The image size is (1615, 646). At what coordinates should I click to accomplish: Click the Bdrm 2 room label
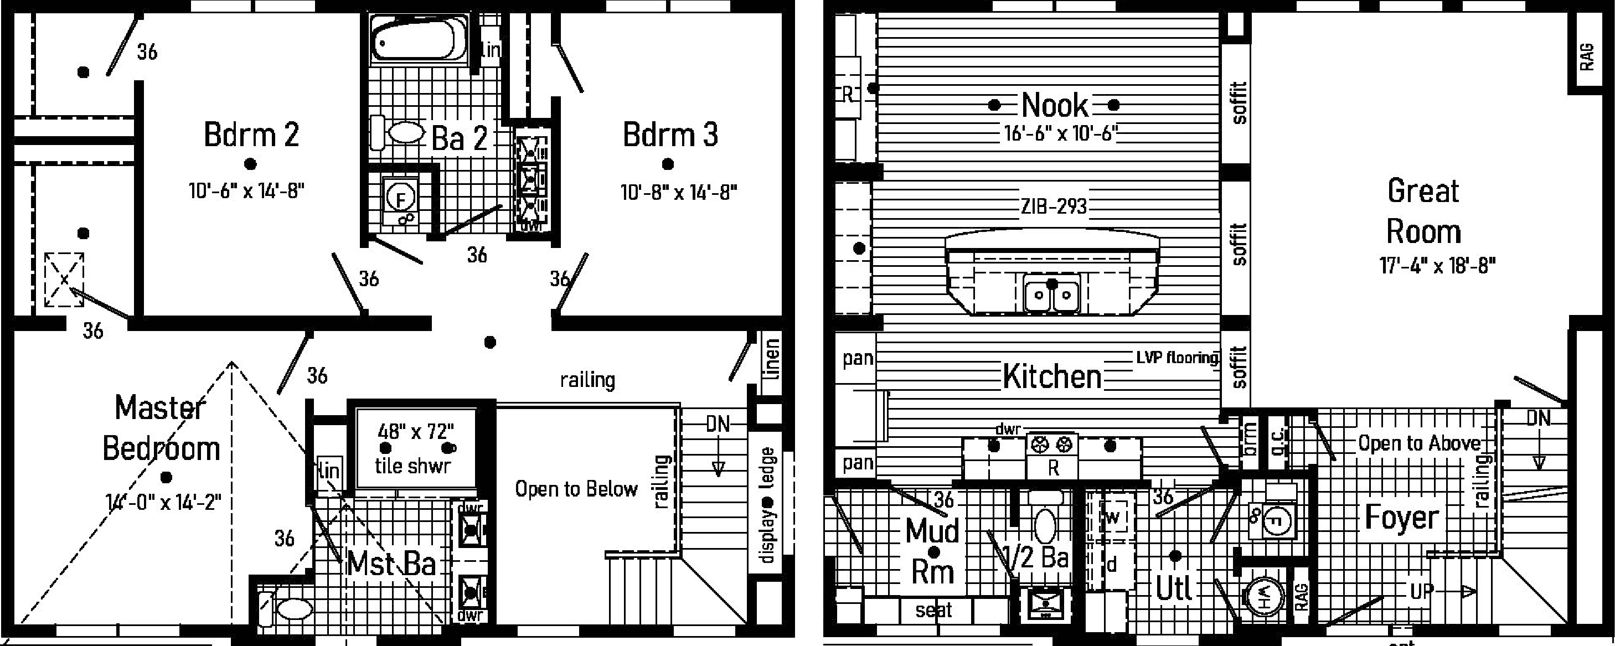(251, 135)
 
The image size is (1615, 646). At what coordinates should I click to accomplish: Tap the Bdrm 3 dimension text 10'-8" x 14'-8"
(678, 192)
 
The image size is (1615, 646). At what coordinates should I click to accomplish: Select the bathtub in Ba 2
(413, 39)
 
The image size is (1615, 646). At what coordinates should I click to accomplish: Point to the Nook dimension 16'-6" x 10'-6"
(1059, 134)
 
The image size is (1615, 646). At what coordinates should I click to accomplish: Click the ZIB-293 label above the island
(1053, 206)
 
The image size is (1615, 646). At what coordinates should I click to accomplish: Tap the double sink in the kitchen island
(1051, 294)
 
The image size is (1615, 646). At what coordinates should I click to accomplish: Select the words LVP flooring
(1177, 357)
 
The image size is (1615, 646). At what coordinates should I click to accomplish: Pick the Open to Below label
(576, 489)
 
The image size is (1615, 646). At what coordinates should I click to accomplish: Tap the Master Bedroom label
(161, 428)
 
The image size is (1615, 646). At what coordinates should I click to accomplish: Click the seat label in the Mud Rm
(933, 609)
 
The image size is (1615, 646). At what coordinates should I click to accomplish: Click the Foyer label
(1402, 518)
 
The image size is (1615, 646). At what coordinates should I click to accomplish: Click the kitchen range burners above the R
(1052, 445)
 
